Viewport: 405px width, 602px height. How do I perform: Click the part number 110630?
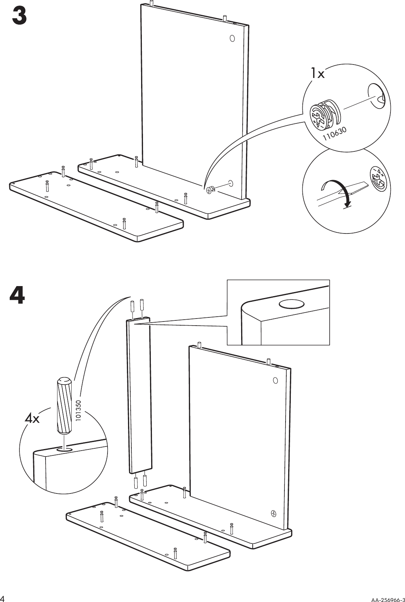tap(335, 134)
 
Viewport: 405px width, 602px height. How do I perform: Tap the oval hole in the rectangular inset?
tap(292, 304)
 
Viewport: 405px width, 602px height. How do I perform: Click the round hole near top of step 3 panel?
tap(232, 38)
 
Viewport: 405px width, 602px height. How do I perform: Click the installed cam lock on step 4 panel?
tap(274, 514)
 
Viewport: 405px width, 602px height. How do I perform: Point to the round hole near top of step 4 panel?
tap(275, 380)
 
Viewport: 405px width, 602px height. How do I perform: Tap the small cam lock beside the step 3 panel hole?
tap(210, 190)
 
